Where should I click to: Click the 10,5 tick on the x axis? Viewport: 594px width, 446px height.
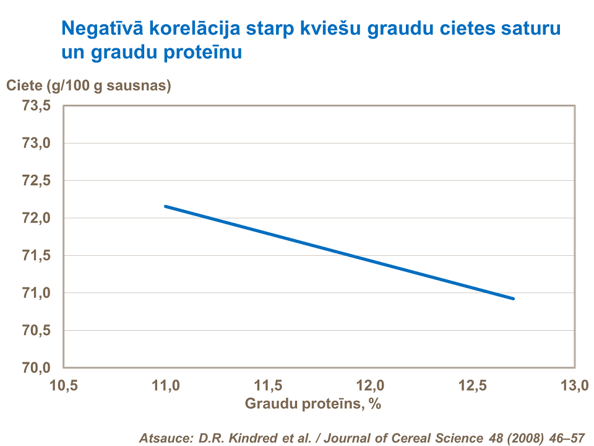coord(64,386)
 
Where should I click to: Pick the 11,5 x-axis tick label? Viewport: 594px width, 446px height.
coord(269,386)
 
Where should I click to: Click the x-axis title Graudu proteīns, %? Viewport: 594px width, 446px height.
coord(312,403)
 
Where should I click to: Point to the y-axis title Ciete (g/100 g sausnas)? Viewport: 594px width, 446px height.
coord(88,86)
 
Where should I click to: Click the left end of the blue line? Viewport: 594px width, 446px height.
coord(165,206)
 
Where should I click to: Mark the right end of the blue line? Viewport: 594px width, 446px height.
coord(513,299)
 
